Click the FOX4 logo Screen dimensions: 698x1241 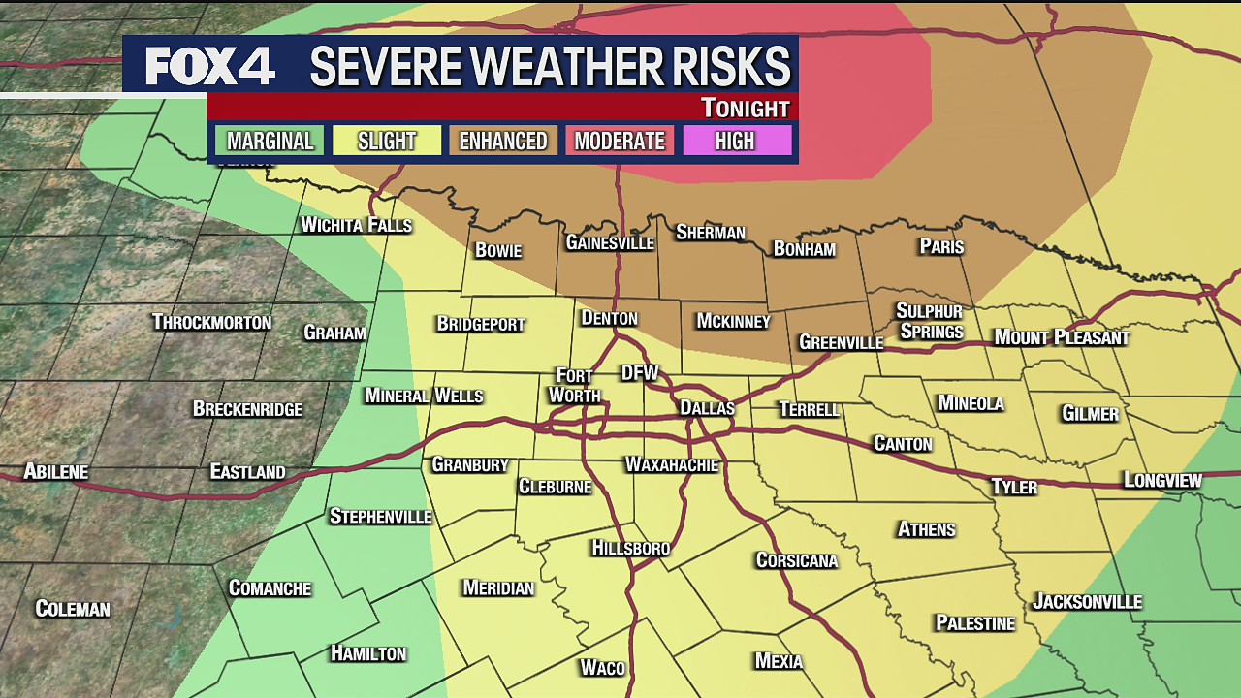click(x=209, y=66)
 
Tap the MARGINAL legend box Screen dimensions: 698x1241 click(x=270, y=141)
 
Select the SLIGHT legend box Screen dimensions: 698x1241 click(x=387, y=141)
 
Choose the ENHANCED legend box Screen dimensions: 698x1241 click(x=503, y=141)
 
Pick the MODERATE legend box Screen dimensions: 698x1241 click(x=620, y=141)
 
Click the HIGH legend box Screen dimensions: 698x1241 click(x=735, y=141)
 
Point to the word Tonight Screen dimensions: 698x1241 click(x=745, y=108)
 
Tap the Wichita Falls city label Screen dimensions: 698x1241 click(x=356, y=225)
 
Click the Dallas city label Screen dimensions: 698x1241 click(x=707, y=408)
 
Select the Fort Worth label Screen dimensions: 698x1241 click(x=575, y=385)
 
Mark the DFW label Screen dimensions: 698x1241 click(x=640, y=373)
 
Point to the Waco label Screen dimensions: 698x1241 click(x=602, y=667)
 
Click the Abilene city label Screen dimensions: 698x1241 click(x=56, y=472)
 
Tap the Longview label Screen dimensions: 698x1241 click(x=1162, y=480)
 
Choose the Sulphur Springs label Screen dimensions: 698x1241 click(x=930, y=321)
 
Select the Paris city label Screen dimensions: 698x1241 click(x=941, y=246)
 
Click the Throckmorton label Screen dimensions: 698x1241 click(x=211, y=322)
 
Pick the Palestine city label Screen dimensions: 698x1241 click(x=974, y=622)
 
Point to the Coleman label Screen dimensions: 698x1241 click(x=73, y=609)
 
